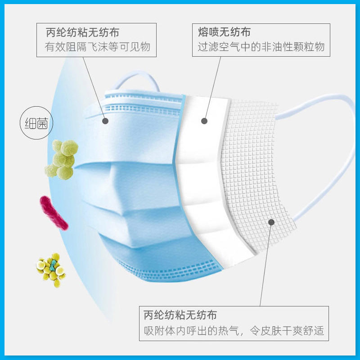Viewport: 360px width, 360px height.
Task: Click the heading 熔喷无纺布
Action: coord(224,32)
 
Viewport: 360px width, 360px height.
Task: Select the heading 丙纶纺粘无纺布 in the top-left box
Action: coord(82,32)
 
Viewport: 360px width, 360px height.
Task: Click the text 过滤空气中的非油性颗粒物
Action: coord(261,47)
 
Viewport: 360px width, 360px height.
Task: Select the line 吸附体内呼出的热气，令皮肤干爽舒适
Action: coord(234,331)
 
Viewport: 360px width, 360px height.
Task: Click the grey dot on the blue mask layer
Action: coord(105,121)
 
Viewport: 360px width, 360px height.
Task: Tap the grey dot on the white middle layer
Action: coord(204,121)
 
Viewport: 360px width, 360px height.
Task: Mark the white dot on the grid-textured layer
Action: coord(271,221)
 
